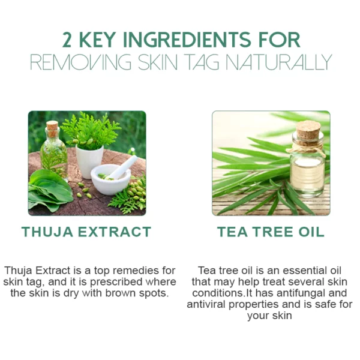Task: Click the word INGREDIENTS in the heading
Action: pos(187,40)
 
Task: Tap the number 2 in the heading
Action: pos(67,40)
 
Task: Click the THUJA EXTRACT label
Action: pos(86,232)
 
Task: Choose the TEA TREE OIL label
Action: pos(271,232)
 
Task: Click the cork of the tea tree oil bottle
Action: pos(308,130)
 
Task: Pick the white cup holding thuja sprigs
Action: pos(89,161)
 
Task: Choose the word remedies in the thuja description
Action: pos(136,271)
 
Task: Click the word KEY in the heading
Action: pos(97,40)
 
